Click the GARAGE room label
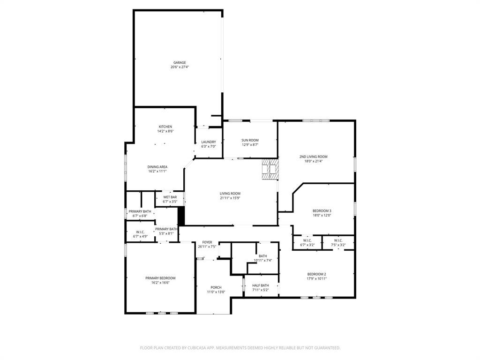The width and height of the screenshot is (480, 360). pos(180,62)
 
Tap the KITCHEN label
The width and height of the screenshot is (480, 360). pos(165,127)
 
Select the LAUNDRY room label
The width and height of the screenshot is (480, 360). pos(209,142)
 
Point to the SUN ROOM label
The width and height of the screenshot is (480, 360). pos(250,140)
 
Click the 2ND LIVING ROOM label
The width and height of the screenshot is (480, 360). pos(313,157)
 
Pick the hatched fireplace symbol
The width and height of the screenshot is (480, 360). pos(270,169)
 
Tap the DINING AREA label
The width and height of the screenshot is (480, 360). pos(157,167)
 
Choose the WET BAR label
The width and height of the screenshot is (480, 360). pos(170,197)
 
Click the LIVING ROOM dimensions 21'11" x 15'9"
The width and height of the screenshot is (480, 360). pos(230,198)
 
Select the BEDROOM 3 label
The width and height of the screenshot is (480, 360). pos(322,211)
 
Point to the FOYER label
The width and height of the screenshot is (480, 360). pos(207,242)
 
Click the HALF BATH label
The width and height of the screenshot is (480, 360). pos(260,285)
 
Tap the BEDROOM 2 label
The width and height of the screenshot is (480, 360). pos(316,274)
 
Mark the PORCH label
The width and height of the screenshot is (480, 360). pos(216,287)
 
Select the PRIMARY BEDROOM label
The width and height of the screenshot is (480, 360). pos(160,278)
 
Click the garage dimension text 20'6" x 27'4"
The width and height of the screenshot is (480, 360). pos(180,67)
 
